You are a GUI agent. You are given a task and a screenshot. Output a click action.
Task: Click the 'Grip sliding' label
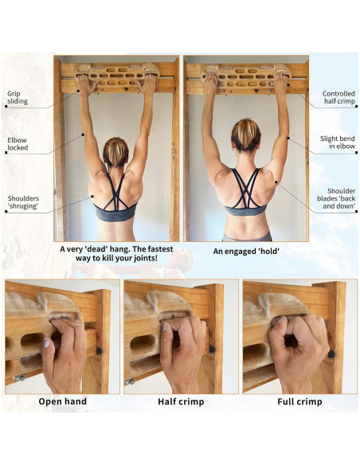(18, 97)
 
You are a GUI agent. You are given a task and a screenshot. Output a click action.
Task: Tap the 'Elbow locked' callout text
(17, 144)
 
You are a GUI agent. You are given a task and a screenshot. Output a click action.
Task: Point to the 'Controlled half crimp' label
(338, 97)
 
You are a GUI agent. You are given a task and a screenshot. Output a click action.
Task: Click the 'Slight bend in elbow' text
(337, 143)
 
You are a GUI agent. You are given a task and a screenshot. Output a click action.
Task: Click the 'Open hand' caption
(63, 401)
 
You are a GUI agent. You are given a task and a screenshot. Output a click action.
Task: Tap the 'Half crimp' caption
(181, 401)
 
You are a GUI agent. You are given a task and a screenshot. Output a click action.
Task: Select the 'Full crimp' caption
(299, 401)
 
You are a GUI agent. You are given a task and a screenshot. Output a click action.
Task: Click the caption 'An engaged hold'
(246, 251)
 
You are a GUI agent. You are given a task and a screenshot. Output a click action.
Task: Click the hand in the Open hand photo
(64, 354)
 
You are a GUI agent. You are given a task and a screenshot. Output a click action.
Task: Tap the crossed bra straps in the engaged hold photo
(245, 187)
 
